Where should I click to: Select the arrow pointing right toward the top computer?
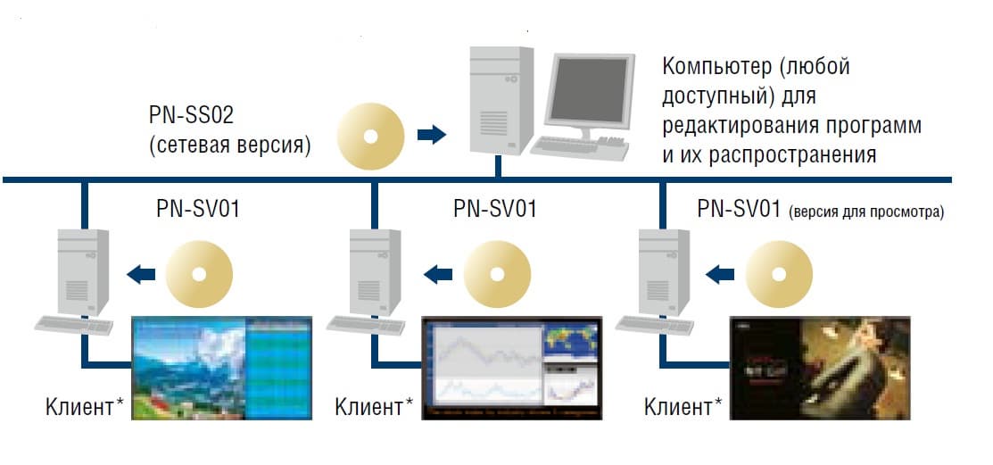(x=432, y=135)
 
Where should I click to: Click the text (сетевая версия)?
(x=229, y=145)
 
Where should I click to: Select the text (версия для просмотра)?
(x=866, y=212)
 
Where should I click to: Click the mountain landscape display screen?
(x=224, y=368)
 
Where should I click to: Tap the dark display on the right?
(x=818, y=368)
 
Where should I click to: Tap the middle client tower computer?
(x=374, y=272)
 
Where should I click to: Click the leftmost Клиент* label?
(x=85, y=408)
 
